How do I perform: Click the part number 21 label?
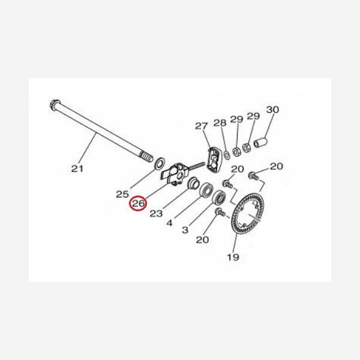point(77,169)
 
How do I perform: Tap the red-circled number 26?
point(138,203)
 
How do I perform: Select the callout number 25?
point(122,194)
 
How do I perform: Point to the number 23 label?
point(156,214)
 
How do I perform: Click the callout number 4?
point(169,223)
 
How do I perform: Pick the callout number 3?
point(185,230)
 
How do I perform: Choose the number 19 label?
point(233,257)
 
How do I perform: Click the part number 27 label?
point(202,126)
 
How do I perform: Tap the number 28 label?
point(220,123)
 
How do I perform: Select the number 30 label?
point(272,110)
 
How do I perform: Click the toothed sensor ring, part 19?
point(247,215)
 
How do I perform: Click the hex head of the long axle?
point(55,105)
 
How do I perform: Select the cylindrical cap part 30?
point(260,142)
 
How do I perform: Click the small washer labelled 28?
point(227,155)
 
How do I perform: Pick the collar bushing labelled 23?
point(193,182)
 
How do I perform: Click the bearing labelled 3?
point(220,197)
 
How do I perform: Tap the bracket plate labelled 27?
point(214,160)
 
